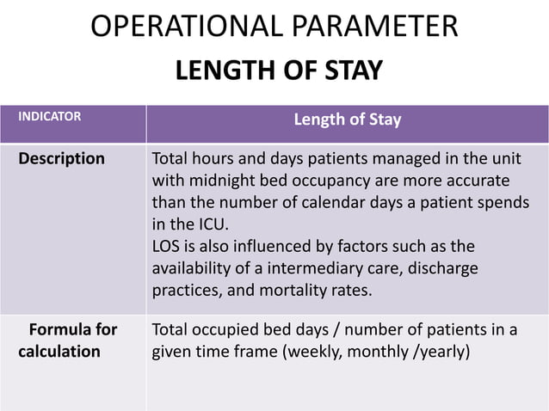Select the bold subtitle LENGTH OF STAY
(279, 71)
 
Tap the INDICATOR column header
(51, 113)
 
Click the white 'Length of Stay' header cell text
(348, 120)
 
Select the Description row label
(62, 159)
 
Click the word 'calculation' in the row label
(62, 352)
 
